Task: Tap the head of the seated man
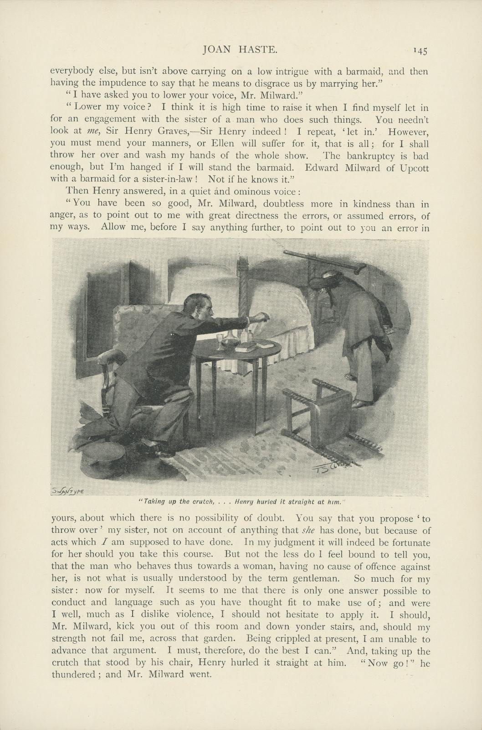pos(200,307)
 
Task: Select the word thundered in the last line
pos(72,675)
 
